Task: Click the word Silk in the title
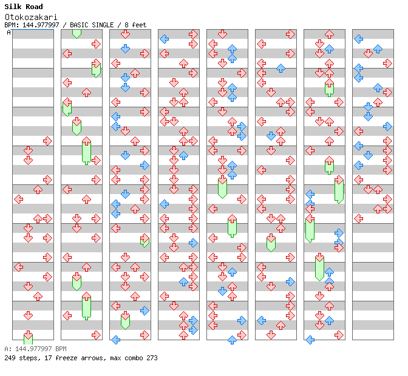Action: pos(13,7)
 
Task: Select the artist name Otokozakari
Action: pos(29,17)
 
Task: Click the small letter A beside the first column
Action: pos(9,33)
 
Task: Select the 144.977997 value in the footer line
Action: pos(32,349)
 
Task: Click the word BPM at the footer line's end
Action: pos(61,349)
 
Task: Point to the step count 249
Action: pos(10,358)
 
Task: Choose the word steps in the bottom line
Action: pos(27,358)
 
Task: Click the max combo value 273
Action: pos(151,358)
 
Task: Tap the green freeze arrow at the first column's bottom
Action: pos(28,338)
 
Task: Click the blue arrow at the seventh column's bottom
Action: pos(310,340)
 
